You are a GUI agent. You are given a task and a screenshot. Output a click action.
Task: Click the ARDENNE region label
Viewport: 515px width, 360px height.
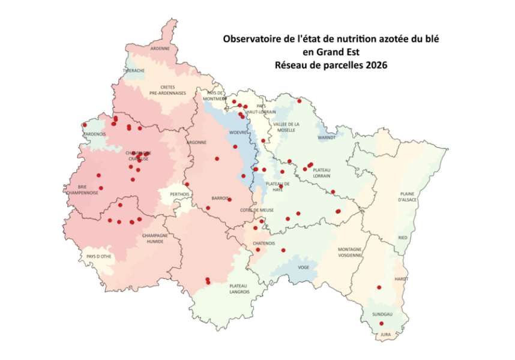(x=160, y=48)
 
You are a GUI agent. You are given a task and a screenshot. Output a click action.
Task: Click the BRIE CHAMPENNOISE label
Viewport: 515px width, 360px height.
(x=83, y=190)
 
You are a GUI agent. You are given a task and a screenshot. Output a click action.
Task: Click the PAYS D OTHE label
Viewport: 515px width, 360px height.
(x=98, y=256)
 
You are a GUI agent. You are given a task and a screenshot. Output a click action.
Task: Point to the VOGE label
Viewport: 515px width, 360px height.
(x=303, y=268)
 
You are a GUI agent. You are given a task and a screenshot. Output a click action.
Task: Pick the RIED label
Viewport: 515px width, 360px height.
(x=403, y=238)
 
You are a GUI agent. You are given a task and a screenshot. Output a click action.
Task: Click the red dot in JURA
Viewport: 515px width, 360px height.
(x=382, y=323)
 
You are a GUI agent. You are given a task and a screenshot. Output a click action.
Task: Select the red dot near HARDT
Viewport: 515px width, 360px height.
(x=379, y=287)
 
